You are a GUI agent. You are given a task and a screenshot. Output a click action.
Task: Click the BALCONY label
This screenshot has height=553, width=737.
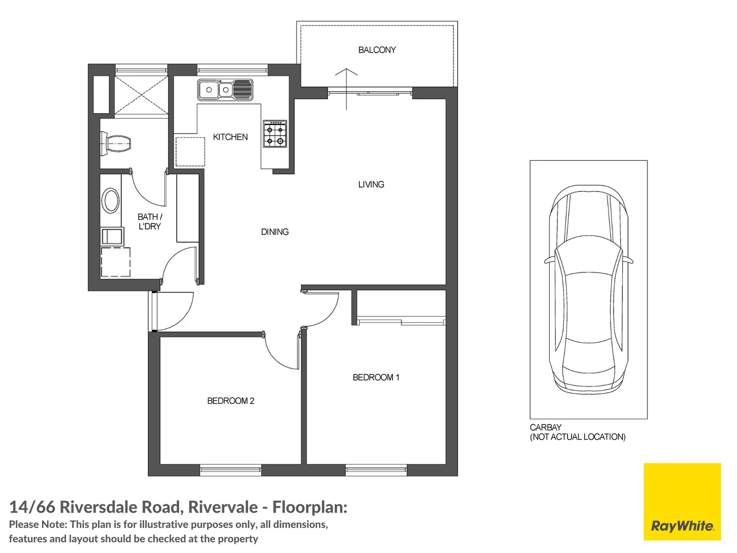(x=377, y=50)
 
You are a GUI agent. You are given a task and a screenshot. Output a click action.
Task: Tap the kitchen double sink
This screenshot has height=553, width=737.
(x=225, y=90)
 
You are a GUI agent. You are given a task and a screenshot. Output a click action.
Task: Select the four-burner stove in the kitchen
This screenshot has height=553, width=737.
(x=275, y=135)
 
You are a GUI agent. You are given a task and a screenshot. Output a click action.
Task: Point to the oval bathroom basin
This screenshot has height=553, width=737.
(x=111, y=200)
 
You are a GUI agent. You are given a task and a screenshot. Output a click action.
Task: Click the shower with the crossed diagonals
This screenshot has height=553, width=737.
(x=141, y=96)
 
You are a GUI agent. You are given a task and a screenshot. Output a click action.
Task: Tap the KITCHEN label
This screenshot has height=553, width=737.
(x=230, y=137)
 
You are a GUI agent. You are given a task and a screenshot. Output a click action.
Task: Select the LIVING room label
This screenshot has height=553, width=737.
(x=371, y=184)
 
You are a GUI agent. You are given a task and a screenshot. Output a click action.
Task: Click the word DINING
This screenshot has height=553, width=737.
(x=274, y=232)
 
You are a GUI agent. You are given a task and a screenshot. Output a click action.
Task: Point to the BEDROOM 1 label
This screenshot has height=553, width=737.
(x=376, y=377)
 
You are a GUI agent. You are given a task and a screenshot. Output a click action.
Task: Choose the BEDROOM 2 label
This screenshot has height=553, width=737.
(x=230, y=401)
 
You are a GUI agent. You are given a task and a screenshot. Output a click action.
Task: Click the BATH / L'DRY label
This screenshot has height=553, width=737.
(x=149, y=222)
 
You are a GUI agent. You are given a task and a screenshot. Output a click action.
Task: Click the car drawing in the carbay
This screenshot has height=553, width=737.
(x=588, y=289)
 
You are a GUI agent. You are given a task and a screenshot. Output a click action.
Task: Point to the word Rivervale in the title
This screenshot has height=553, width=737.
(x=223, y=507)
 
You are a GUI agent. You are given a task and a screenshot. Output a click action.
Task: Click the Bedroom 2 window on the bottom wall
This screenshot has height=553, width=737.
(x=230, y=470)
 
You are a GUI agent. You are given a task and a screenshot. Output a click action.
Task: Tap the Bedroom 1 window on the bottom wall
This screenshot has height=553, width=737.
(x=376, y=470)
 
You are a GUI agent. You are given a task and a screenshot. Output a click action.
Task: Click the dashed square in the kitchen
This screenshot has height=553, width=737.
(x=190, y=151)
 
